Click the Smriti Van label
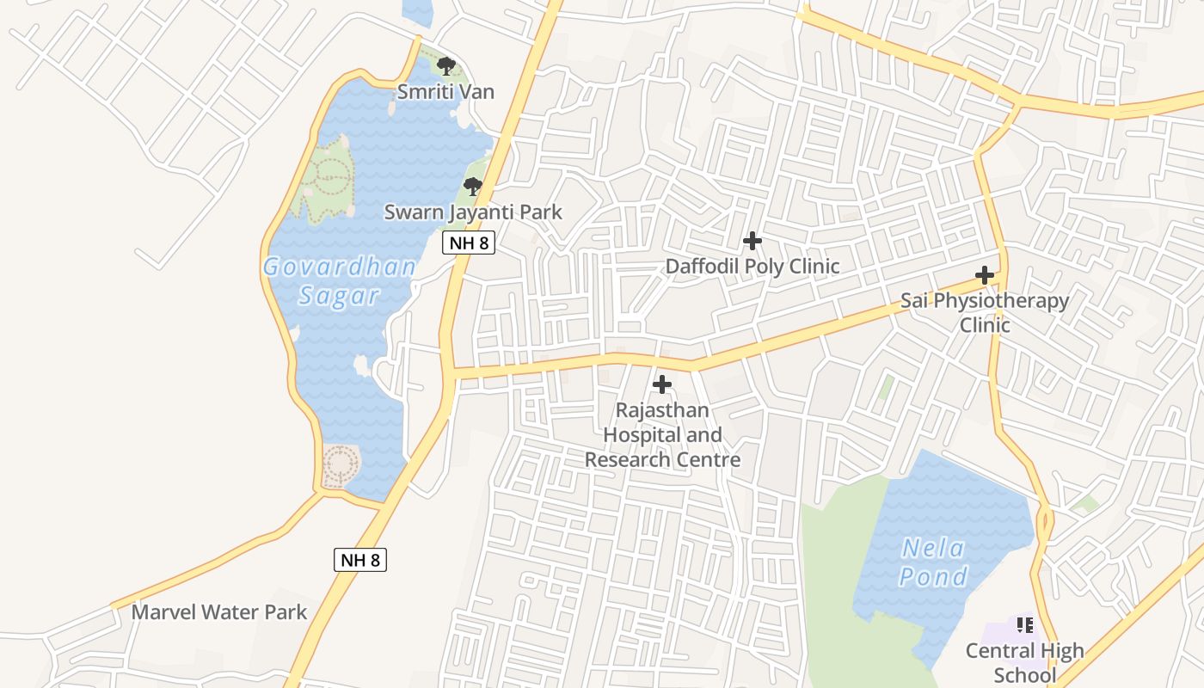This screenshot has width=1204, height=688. pyautogui.click(x=445, y=91)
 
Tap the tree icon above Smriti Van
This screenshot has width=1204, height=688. pyautogui.click(x=445, y=66)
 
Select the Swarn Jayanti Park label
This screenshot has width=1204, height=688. pyautogui.click(x=473, y=212)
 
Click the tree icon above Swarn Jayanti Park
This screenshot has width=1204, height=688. pyautogui.click(x=472, y=186)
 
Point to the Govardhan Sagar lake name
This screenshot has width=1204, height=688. pyautogui.click(x=340, y=280)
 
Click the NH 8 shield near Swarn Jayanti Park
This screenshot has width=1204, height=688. pyautogui.click(x=469, y=243)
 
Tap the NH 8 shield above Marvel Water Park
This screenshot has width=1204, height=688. pyautogui.click(x=360, y=560)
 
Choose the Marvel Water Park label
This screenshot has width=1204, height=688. pyautogui.click(x=218, y=612)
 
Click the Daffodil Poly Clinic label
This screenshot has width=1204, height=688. pyautogui.click(x=752, y=266)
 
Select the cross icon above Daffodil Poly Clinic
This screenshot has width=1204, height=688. pyautogui.click(x=752, y=241)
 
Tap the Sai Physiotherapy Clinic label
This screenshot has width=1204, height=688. pyautogui.click(x=985, y=312)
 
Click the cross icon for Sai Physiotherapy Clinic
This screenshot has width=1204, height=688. pyautogui.click(x=985, y=275)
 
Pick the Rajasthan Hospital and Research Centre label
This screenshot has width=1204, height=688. pyautogui.click(x=662, y=434)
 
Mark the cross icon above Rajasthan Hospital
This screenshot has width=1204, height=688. pyautogui.click(x=662, y=384)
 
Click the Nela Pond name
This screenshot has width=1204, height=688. pyautogui.click(x=934, y=562)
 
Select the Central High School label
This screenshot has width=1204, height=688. pyautogui.click(x=1024, y=661)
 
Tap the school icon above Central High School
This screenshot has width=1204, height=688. pyautogui.click(x=1024, y=625)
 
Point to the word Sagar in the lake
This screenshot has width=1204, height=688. pyautogui.click(x=339, y=296)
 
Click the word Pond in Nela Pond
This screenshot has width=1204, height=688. pyautogui.click(x=934, y=576)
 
